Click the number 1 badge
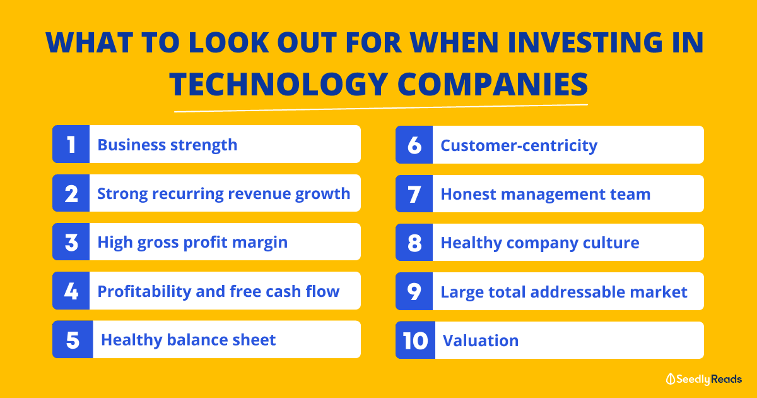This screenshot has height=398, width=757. click(x=71, y=144)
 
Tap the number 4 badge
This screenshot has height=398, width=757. click(x=71, y=291)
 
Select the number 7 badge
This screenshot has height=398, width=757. click(x=414, y=193)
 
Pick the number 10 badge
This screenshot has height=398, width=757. click(x=415, y=340)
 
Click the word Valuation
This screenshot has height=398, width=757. click(x=481, y=341)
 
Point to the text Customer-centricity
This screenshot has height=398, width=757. click(x=519, y=146)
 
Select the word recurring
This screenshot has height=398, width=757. click(x=188, y=194)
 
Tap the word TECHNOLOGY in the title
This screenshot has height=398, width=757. click(x=279, y=84)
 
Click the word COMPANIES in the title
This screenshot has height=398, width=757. click(x=493, y=84)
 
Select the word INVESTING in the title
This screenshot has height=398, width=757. click(x=585, y=42)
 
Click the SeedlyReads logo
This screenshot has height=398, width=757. click(x=703, y=379)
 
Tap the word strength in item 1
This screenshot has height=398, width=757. click(x=204, y=145)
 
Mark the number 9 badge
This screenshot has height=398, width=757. click(x=414, y=291)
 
